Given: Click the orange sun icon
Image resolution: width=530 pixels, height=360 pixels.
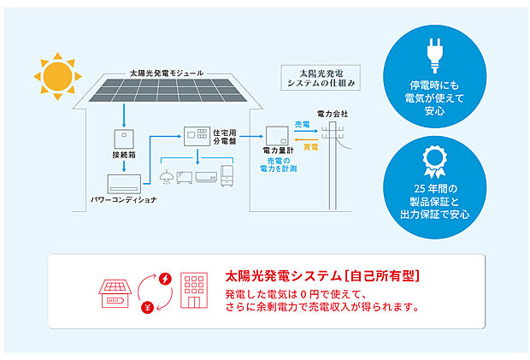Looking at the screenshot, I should click(x=58, y=75).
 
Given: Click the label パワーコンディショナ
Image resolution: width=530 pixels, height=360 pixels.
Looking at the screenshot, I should click(x=125, y=201).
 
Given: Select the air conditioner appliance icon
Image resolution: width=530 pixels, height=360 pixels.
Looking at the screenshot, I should click(x=207, y=177).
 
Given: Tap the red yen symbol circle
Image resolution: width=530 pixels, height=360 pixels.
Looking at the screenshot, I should click(x=147, y=305).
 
